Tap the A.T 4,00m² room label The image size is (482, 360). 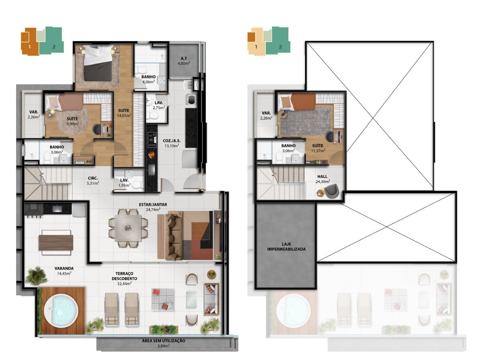pyautogui.click(x=184, y=61)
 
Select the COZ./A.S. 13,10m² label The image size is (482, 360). pyautogui.click(x=172, y=143)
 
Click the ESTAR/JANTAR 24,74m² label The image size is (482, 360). pyautogui.click(x=153, y=207)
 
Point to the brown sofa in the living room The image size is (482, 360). pyautogui.click(x=174, y=236)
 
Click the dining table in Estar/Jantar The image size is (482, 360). pyautogui.click(x=128, y=228)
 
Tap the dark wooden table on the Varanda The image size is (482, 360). pyautogui.click(x=56, y=242)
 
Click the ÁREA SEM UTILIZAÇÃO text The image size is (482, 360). pyautogui.click(x=163, y=340)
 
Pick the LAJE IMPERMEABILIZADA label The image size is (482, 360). pyautogui.click(x=286, y=246)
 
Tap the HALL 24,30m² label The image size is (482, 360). pyautogui.click(x=323, y=179)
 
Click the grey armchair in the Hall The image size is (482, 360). pyautogui.click(x=332, y=191)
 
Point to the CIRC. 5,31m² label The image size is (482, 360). pyautogui.click(x=93, y=181)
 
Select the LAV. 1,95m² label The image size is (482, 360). pyautogui.click(x=124, y=183)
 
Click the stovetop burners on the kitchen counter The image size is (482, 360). pyautogui.click(x=152, y=140)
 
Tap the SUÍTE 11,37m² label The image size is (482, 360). pyautogui.click(x=318, y=148)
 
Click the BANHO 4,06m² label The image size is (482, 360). pyautogui.click(x=149, y=79)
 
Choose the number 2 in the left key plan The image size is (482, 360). pyautogui.click(x=54, y=47)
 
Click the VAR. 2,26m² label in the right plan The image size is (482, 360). pyautogui.click(x=266, y=116)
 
